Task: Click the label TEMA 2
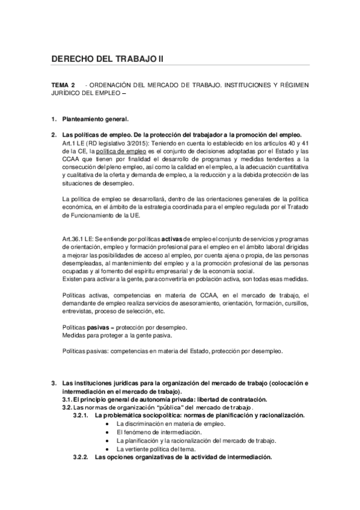[63, 85]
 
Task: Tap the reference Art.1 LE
[75, 144]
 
